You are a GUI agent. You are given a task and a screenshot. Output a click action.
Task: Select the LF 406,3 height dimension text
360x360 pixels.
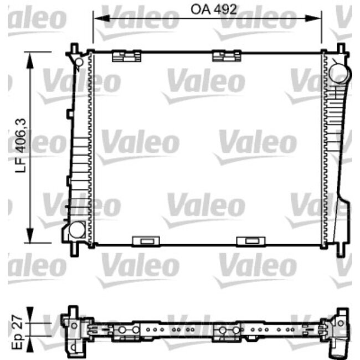(x=21, y=148)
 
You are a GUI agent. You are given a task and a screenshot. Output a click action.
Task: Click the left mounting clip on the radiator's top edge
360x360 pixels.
(x=126, y=55)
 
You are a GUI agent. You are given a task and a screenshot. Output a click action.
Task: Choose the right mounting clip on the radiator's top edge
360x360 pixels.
(x=226, y=55)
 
